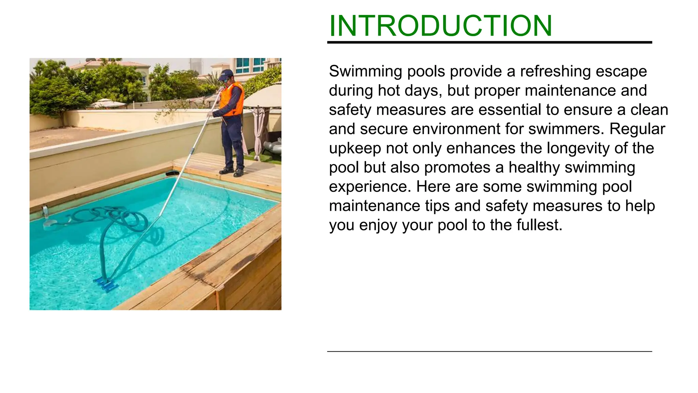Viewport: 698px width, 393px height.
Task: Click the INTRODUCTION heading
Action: [x=440, y=26]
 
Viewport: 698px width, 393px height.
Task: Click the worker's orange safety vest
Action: [x=232, y=99]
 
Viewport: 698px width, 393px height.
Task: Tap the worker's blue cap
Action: [x=226, y=73]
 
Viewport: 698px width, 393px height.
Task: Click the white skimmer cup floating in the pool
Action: [x=50, y=223]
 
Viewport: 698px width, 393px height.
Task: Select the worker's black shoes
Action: [x=232, y=171]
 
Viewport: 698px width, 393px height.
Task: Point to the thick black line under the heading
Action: [x=489, y=42]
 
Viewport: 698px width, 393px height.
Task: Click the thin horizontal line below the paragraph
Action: [x=489, y=351]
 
